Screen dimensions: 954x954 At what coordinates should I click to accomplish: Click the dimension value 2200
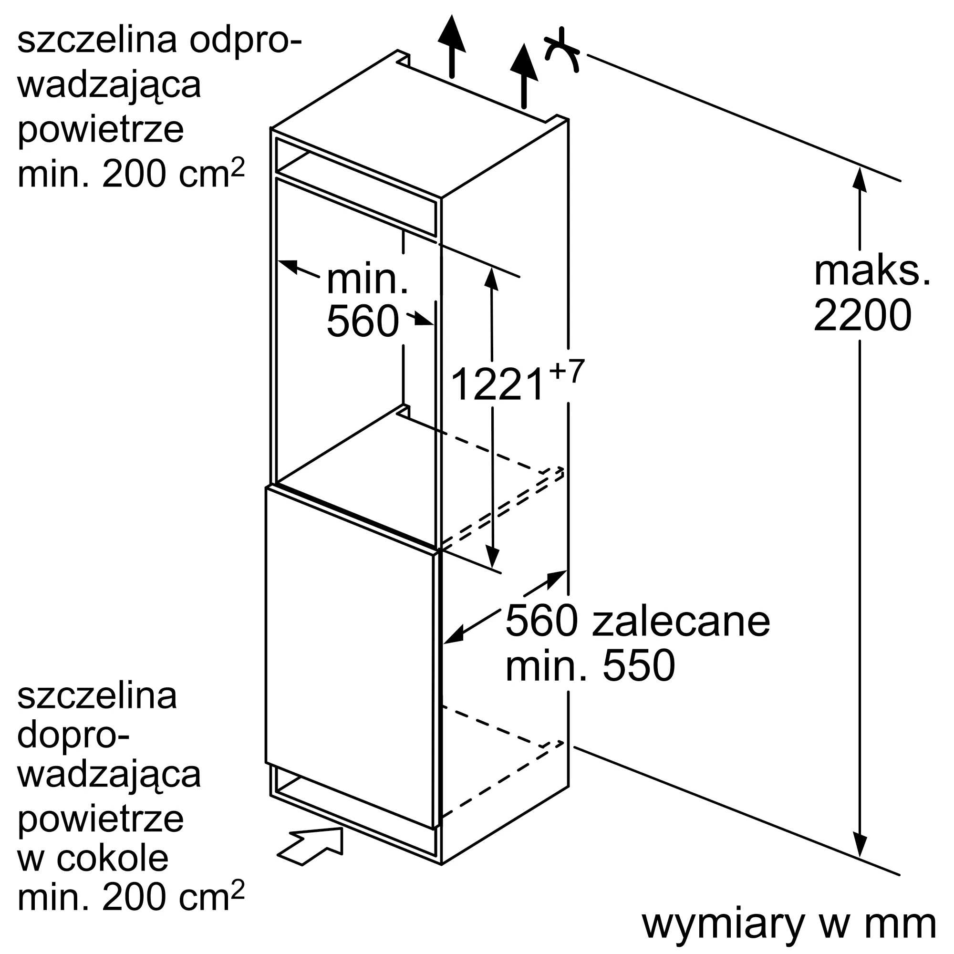coord(862,316)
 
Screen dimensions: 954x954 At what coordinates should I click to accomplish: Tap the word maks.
coord(872,270)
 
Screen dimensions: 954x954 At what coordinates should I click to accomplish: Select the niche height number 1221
coord(497,384)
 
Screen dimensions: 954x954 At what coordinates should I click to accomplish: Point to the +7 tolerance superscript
coord(566,371)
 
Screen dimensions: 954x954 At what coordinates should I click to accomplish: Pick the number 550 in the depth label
coord(639,666)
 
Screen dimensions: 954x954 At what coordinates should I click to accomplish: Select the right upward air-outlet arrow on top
coord(524,74)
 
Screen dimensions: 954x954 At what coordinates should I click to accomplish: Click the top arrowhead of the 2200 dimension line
coord(860,179)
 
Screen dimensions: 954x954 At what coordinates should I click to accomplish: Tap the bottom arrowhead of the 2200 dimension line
coord(860,845)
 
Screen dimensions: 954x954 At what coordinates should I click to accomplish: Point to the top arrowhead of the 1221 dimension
coord(491,278)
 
